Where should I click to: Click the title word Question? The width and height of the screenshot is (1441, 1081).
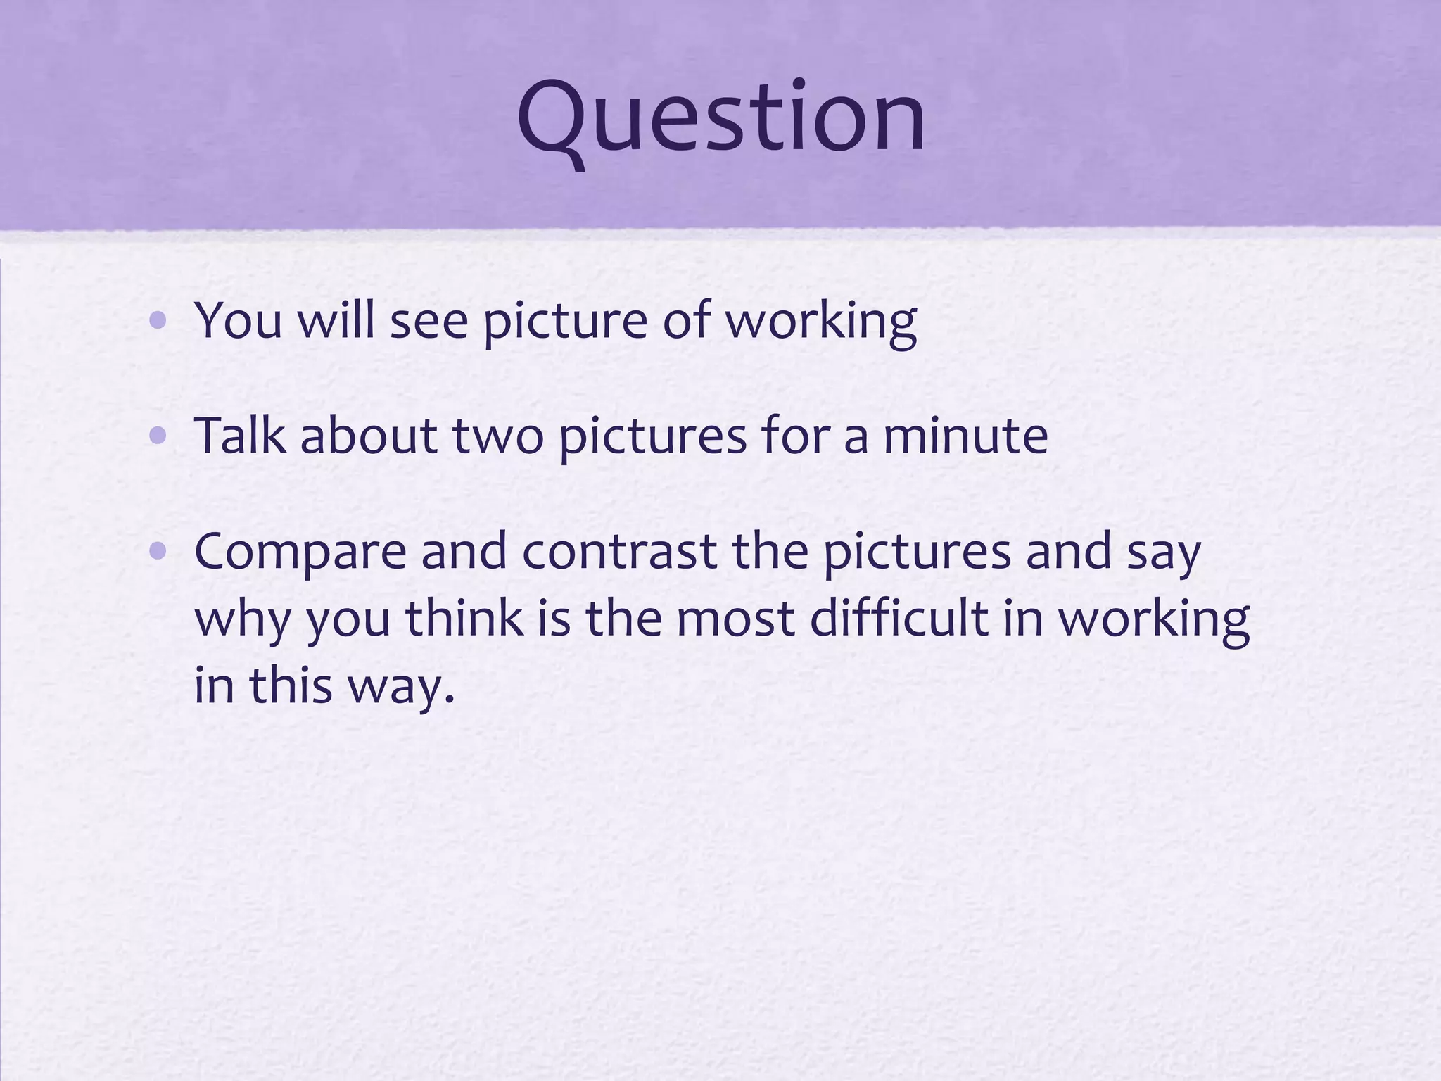(720, 118)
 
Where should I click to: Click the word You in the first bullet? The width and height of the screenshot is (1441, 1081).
(238, 320)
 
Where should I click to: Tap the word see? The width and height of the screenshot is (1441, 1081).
(429, 320)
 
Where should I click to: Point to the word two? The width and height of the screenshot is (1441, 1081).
(497, 436)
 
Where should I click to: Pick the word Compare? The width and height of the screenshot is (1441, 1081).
(300, 552)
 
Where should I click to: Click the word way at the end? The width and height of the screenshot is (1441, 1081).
(402, 686)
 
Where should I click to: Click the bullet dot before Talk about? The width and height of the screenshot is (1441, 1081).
(158, 437)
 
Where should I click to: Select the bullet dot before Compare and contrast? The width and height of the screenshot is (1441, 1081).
(158, 552)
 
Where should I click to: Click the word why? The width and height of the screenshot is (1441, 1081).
(243, 619)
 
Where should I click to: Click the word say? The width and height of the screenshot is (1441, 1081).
(1164, 552)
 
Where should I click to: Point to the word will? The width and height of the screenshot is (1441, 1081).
(336, 320)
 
